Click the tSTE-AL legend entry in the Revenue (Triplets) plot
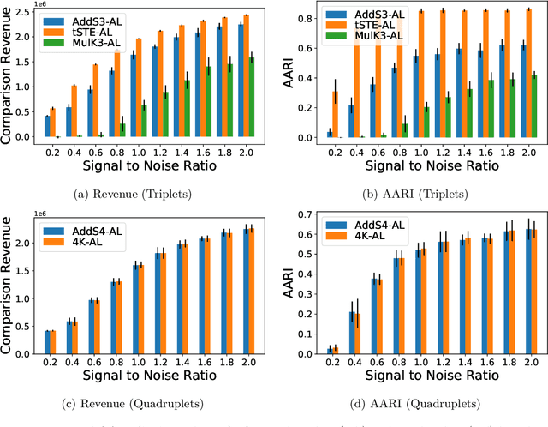point(83,32)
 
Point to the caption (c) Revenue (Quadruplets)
point(138,402)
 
